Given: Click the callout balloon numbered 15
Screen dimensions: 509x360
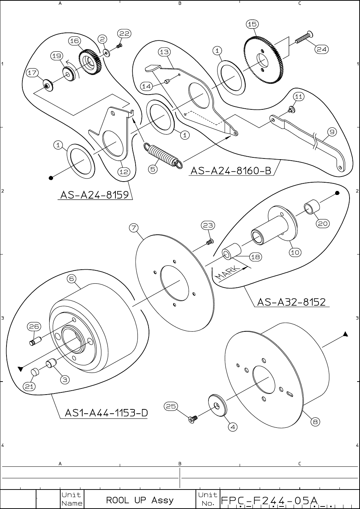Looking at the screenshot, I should pos(252,24).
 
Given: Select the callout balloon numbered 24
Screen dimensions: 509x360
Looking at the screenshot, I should pos(322,49).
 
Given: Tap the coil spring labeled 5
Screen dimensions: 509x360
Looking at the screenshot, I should pos(162,155).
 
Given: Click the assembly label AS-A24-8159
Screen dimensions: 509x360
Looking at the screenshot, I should pos(95,195).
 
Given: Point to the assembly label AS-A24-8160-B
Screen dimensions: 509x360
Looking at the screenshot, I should pos(231,170).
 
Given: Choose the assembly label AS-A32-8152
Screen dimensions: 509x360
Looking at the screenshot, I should pos(291,302).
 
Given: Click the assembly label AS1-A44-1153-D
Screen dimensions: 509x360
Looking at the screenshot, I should pos(106,413).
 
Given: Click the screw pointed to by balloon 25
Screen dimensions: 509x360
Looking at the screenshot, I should pos(193,419).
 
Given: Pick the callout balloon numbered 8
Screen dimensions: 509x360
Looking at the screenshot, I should pos(315,421).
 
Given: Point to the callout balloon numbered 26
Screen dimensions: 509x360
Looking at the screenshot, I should pos(34,326).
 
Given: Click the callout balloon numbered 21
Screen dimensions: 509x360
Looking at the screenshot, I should pos(29,386).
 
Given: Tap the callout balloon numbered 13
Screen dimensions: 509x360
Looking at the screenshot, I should pos(164,52).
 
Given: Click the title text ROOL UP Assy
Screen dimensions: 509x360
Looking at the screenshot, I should pos(140,500).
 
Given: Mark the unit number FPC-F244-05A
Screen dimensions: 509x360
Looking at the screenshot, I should pos(269,500).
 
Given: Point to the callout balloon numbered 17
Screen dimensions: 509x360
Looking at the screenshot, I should pos(32,73).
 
